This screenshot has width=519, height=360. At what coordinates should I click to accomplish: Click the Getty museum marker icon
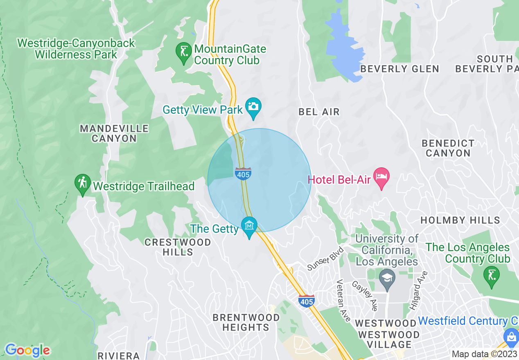pos(249,225)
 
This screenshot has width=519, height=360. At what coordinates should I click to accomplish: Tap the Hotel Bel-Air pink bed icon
pos(381,177)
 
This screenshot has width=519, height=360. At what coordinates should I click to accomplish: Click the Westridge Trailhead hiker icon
pos(83,184)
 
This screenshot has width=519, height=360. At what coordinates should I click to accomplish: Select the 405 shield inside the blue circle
pos(243,173)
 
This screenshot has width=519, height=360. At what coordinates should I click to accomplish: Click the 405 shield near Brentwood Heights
pos(306,301)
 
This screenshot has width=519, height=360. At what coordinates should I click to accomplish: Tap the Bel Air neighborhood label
pos(319,112)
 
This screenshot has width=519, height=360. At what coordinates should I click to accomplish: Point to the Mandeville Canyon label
pos(114,133)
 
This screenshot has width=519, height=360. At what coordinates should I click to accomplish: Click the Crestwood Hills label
pos(178,247)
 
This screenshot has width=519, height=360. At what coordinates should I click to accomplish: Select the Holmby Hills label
pos(460,220)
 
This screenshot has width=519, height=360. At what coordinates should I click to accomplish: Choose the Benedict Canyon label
pos(448,148)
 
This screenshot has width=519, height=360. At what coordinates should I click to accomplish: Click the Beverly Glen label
pos(399,69)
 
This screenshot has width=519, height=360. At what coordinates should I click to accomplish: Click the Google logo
pos(27,350)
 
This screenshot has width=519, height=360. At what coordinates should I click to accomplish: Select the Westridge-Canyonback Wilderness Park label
pos(76,49)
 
